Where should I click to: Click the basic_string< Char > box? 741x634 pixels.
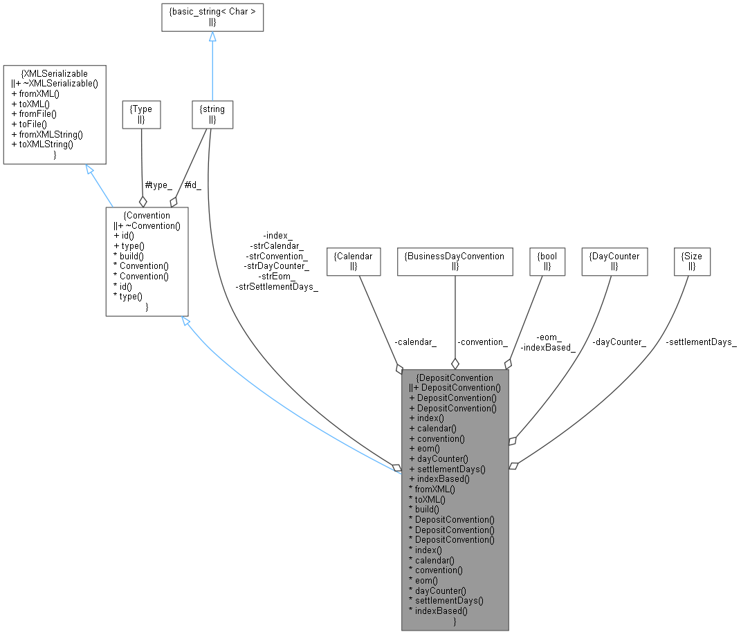pyautogui.click(x=212, y=17)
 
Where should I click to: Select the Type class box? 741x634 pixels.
pyautogui.click(x=141, y=114)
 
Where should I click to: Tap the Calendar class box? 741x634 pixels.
pyautogui.click(x=353, y=261)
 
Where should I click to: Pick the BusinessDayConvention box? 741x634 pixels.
pyautogui.click(x=455, y=261)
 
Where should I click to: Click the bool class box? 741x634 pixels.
pyautogui.click(x=547, y=261)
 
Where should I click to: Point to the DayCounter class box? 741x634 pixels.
pyautogui.click(x=614, y=261)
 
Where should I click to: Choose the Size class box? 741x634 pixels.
pyautogui.click(x=693, y=261)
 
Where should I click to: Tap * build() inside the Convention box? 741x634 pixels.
pyautogui.click(x=129, y=256)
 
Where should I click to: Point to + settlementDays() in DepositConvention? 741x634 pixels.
pyautogui.click(x=447, y=469)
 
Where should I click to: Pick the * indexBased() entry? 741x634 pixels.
pyautogui.click(x=438, y=610)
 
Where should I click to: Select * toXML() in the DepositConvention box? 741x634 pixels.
pyautogui.click(x=427, y=498)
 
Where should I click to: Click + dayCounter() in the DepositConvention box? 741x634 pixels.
pyautogui.click(x=439, y=458)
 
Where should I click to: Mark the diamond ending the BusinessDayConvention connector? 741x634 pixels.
pyautogui.click(x=455, y=364)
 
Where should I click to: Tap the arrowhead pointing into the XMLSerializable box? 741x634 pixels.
pyautogui.click(x=89, y=170)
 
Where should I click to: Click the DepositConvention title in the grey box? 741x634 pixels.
pyautogui.click(x=455, y=377)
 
